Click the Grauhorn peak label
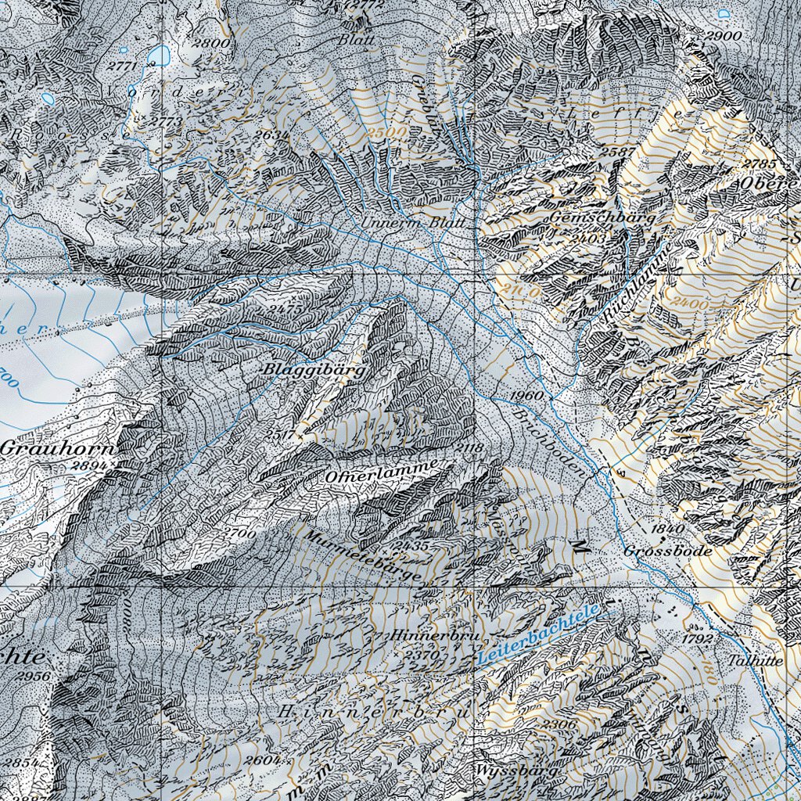pyautogui.click(x=57, y=449)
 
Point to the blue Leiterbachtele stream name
pyautogui.click(x=537, y=635)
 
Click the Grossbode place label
pyautogui.click(x=668, y=551)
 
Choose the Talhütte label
pyautogui.click(x=754, y=659)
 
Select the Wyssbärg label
pyautogui.click(x=516, y=770)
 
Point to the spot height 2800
pyautogui.click(x=214, y=44)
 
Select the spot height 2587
pyautogui.click(x=619, y=151)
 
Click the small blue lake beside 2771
pyautogui.click(x=159, y=55)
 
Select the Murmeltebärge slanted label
pyautogui.click(x=364, y=557)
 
